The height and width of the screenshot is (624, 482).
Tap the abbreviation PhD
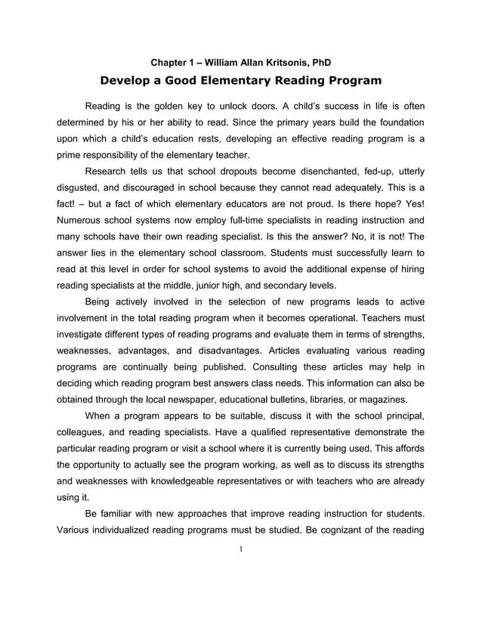coord(321,61)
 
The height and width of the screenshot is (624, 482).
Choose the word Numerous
coord(81,221)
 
